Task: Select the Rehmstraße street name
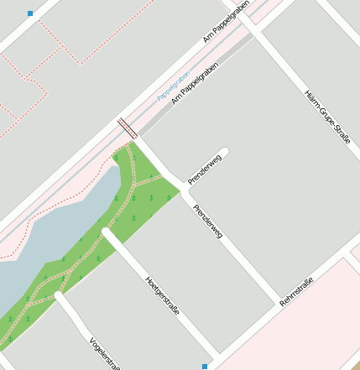tap(297, 290)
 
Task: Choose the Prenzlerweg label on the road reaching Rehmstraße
tap(207, 222)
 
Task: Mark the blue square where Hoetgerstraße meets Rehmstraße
tap(204, 366)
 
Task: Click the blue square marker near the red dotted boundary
tap(31, 13)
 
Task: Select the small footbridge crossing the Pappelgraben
tap(128, 128)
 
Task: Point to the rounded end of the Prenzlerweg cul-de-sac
tap(223, 153)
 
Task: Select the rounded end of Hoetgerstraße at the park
tap(107, 234)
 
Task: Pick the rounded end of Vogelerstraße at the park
tap(60, 297)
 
